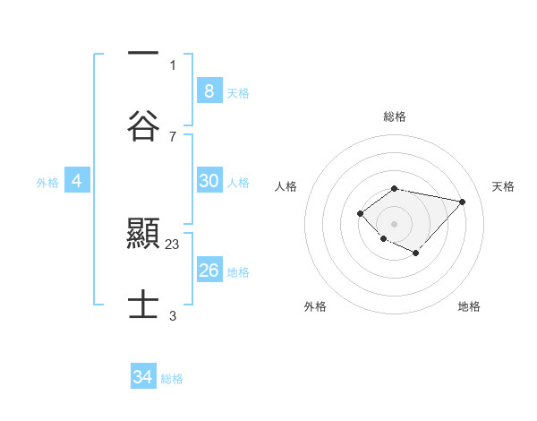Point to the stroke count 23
(x=173, y=243)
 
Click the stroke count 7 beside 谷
(x=173, y=136)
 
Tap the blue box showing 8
(x=209, y=90)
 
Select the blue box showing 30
(x=209, y=181)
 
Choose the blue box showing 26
(x=209, y=271)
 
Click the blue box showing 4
(x=77, y=181)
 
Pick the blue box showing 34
(x=142, y=377)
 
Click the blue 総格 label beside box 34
(x=172, y=379)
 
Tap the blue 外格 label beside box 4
(x=47, y=183)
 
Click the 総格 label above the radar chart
(x=394, y=116)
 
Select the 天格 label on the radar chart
(x=503, y=186)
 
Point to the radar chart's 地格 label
(x=469, y=306)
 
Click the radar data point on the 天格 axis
(x=462, y=202)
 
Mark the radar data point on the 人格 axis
(x=360, y=212)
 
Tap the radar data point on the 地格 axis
(x=416, y=253)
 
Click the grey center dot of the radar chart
(x=394, y=223)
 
